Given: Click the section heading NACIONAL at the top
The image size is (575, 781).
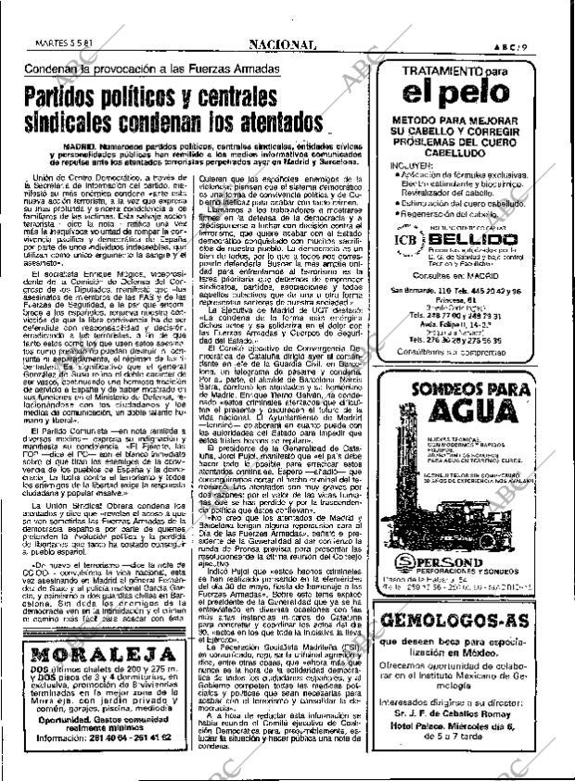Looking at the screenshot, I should coord(283,44).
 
